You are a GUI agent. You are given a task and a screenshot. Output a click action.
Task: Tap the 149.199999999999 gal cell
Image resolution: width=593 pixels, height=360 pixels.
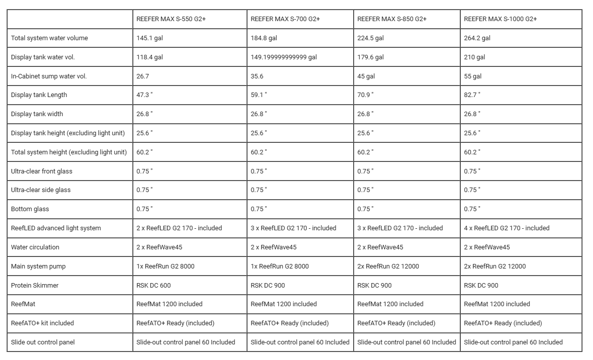(284, 57)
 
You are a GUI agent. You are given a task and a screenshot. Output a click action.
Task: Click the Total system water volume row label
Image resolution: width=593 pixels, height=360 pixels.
(49, 38)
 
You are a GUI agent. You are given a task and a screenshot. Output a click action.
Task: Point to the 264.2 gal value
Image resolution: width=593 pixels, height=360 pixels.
(477, 38)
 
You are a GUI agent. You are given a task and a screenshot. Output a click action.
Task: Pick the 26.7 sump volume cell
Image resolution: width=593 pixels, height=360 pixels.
(143, 76)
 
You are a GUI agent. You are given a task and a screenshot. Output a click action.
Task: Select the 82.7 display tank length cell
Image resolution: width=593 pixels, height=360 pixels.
(472, 95)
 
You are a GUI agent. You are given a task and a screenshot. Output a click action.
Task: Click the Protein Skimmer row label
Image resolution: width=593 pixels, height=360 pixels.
(35, 286)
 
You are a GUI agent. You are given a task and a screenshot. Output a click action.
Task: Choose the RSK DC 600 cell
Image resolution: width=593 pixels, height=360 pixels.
(153, 286)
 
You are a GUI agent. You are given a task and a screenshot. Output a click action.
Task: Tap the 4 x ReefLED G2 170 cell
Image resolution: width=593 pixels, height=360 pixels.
(506, 228)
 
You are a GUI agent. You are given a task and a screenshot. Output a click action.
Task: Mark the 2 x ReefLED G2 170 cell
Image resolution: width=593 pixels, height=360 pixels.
(179, 228)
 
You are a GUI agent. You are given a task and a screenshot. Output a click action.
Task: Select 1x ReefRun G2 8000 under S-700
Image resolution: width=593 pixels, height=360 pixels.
(280, 266)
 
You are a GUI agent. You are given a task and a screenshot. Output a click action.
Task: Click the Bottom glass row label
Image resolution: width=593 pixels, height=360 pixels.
(30, 209)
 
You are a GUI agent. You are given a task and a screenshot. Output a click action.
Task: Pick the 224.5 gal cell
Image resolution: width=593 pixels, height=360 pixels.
(370, 38)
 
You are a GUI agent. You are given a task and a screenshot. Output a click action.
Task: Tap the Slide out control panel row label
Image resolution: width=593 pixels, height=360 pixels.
(43, 342)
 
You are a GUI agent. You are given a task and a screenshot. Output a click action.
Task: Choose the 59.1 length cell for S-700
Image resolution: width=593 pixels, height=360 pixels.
(259, 95)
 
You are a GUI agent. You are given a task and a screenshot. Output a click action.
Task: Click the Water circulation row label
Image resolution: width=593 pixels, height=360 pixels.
(35, 247)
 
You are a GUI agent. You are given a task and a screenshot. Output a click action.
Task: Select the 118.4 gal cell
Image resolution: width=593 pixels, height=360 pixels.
(149, 57)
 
